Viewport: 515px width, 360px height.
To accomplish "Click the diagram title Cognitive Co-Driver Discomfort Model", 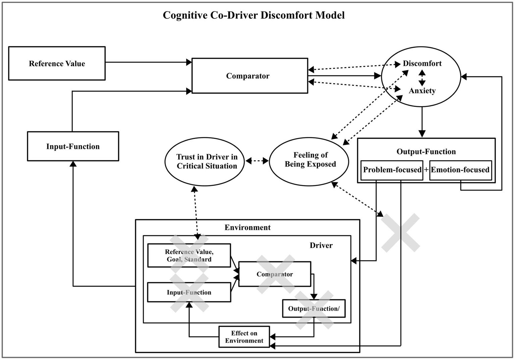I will click(x=254, y=15).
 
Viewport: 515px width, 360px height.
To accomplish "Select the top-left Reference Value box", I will click(x=57, y=63).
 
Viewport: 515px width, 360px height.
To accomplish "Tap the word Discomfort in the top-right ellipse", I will click(x=422, y=63).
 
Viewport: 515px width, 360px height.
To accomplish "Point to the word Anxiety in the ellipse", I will click(x=422, y=91).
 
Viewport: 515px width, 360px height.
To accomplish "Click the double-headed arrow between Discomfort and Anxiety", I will click(x=422, y=77).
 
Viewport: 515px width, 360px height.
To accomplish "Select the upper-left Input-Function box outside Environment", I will click(x=73, y=146).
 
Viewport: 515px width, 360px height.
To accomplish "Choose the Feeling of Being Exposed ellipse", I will click(x=309, y=161).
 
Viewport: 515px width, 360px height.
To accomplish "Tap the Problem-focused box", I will click(x=392, y=170).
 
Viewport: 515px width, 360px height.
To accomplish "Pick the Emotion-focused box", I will click(x=460, y=170).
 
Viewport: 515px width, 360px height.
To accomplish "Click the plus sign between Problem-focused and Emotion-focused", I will click(x=426, y=170).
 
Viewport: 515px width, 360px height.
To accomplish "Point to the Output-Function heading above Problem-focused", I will click(x=426, y=152).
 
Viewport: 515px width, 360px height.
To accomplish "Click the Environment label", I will click(x=247, y=228).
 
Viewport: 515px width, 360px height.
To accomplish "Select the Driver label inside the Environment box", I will click(x=321, y=245).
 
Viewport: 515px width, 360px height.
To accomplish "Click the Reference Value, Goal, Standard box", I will click(x=189, y=255).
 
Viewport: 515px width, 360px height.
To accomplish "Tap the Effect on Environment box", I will click(x=244, y=337).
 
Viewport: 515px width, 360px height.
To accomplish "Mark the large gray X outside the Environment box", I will click(x=401, y=233).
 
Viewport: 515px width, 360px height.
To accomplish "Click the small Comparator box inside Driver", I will click(x=274, y=274).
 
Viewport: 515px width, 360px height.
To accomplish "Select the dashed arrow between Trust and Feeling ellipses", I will click(x=257, y=161).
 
